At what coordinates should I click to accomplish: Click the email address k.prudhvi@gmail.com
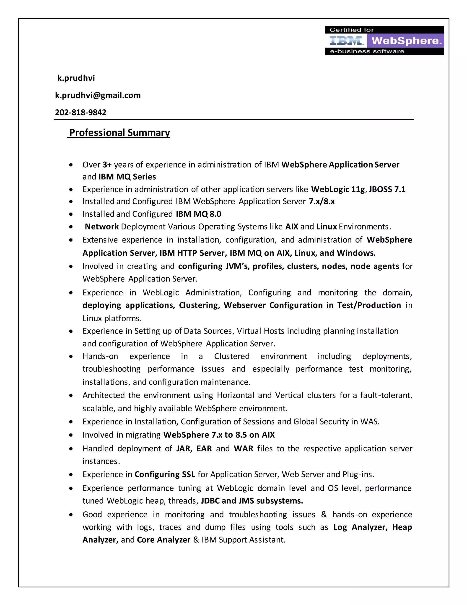(98, 95)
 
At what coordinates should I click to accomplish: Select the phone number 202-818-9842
(80, 113)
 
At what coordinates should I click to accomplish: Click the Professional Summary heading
(119, 133)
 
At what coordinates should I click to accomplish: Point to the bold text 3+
(107, 165)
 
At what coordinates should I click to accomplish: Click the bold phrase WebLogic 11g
(338, 189)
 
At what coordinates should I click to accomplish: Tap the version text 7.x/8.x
(322, 202)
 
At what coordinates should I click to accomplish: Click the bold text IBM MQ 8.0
(198, 214)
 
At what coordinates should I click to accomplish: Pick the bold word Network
(102, 227)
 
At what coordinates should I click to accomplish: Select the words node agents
(375, 266)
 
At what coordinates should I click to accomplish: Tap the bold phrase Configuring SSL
(165, 475)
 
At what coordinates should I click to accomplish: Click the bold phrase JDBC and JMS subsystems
(252, 501)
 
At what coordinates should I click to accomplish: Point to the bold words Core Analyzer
(163, 540)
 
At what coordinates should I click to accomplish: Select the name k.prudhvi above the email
(76, 78)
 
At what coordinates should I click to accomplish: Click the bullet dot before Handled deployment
(71, 449)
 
